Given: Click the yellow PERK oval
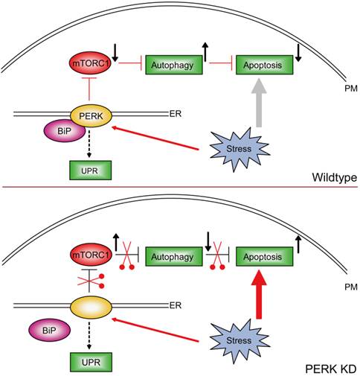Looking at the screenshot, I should (91, 115).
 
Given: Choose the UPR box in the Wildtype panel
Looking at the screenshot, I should (90, 170).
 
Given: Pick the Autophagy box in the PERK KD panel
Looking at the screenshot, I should (174, 257).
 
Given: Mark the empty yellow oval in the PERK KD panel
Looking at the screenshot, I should (91, 307).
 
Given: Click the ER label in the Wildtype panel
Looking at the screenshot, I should (176, 115).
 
